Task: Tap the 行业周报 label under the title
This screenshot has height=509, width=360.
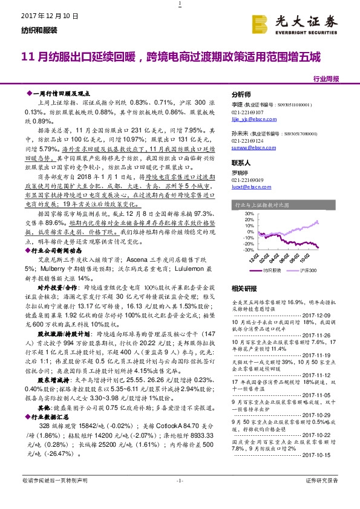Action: (x=326, y=79)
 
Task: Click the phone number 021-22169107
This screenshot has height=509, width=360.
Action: (x=247, y=112)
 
